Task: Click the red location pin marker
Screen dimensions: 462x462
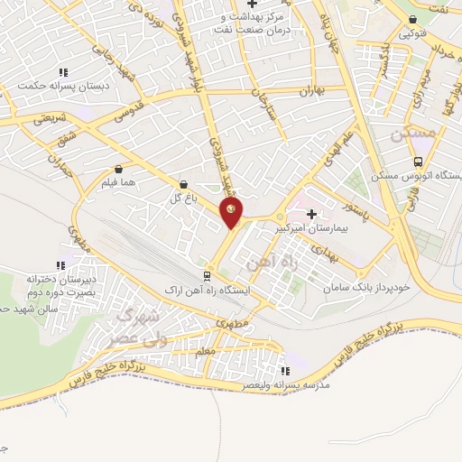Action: [x=232, y=214]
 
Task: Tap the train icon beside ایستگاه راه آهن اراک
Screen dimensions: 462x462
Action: [x=208, y=276]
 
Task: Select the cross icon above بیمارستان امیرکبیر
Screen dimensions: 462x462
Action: [x=312, y=215]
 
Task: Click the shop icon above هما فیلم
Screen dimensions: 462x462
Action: [x=119, y=168]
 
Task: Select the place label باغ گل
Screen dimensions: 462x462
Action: [x=184, y=199]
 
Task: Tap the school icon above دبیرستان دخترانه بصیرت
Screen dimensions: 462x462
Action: [x=60, y=265]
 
